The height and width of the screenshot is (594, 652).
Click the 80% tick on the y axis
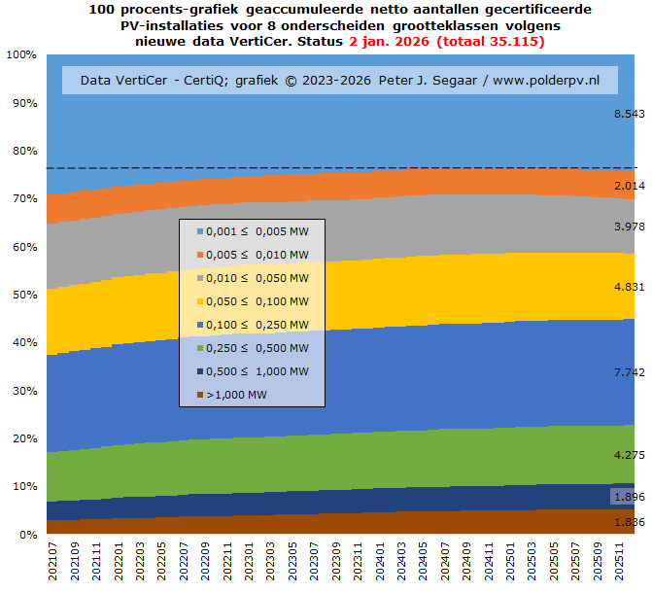22,151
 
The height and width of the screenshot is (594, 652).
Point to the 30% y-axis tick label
22,390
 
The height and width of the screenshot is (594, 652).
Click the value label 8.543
629,114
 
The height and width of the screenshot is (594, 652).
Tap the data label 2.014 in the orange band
629,186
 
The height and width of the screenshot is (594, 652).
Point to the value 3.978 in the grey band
629,227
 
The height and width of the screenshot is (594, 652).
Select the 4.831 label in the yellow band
629,287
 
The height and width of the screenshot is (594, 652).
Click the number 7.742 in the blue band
629,372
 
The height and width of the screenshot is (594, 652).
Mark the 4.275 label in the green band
629,454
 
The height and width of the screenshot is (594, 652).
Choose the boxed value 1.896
629,498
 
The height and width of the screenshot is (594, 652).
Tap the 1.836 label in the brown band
629,522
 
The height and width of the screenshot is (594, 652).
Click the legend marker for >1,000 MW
199,395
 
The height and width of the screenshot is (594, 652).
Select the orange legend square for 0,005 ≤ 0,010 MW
199,254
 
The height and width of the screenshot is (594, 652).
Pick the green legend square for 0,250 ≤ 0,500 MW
199,348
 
